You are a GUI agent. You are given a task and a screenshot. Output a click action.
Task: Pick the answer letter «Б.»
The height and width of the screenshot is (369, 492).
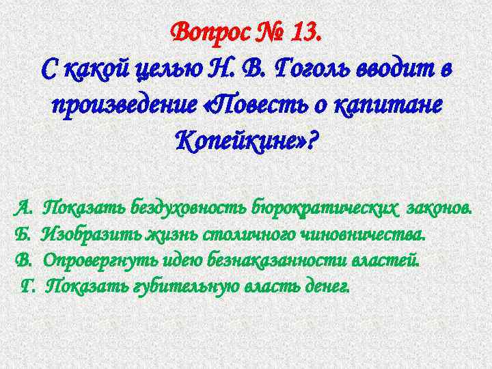pos(23,234)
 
